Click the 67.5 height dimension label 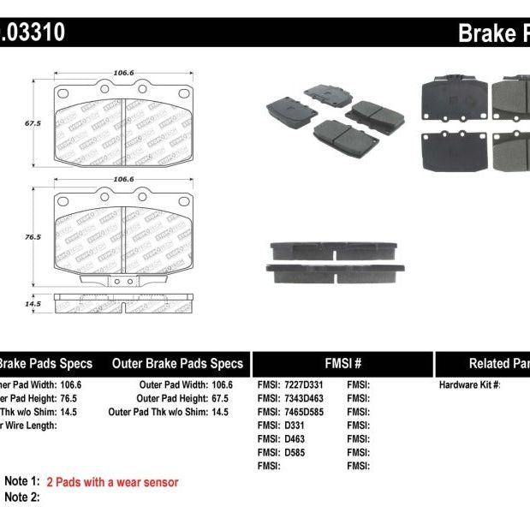[33, 123]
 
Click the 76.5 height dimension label [33, 236]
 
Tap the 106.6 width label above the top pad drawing [124, 73]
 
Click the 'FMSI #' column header [342, 363]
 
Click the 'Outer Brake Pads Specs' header [177, 363]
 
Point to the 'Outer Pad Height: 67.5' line [185, 399]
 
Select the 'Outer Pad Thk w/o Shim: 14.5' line [170, 412]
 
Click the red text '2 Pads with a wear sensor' [112, 483]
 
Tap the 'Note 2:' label [22, 497]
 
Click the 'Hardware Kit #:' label [469, 385]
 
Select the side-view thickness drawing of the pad [123, 303]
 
